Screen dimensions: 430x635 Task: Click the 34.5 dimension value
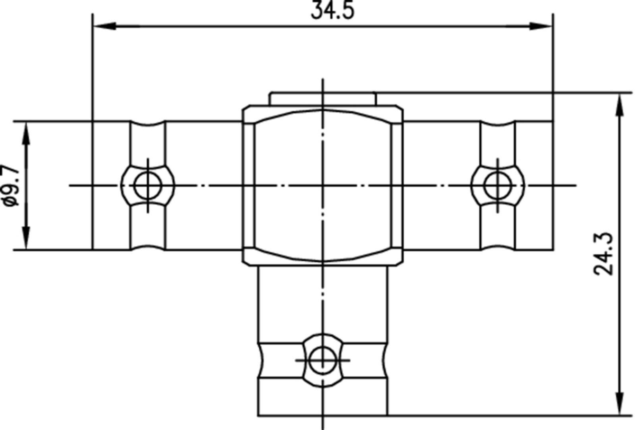tap(332, 11)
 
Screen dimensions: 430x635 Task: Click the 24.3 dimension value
tap(604, 254)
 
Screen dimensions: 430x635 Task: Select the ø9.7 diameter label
tap(11, 185)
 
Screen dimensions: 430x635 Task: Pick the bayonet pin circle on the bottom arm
tap(322, 360)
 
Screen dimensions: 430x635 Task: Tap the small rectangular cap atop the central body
tap(322, 99)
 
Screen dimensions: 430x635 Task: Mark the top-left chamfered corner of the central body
tap(246, 109)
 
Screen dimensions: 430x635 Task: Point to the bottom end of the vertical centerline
tap(322, 428)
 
